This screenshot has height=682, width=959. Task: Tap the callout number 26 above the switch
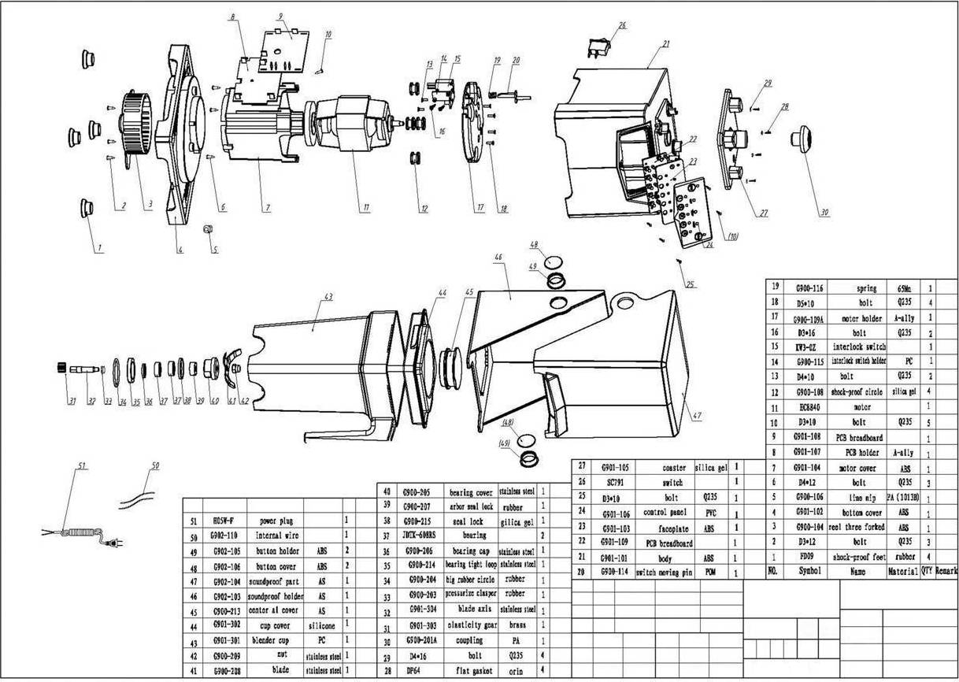point(622,26)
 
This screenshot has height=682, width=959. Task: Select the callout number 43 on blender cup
point(328,297)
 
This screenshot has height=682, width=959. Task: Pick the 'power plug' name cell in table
point(277,521)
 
